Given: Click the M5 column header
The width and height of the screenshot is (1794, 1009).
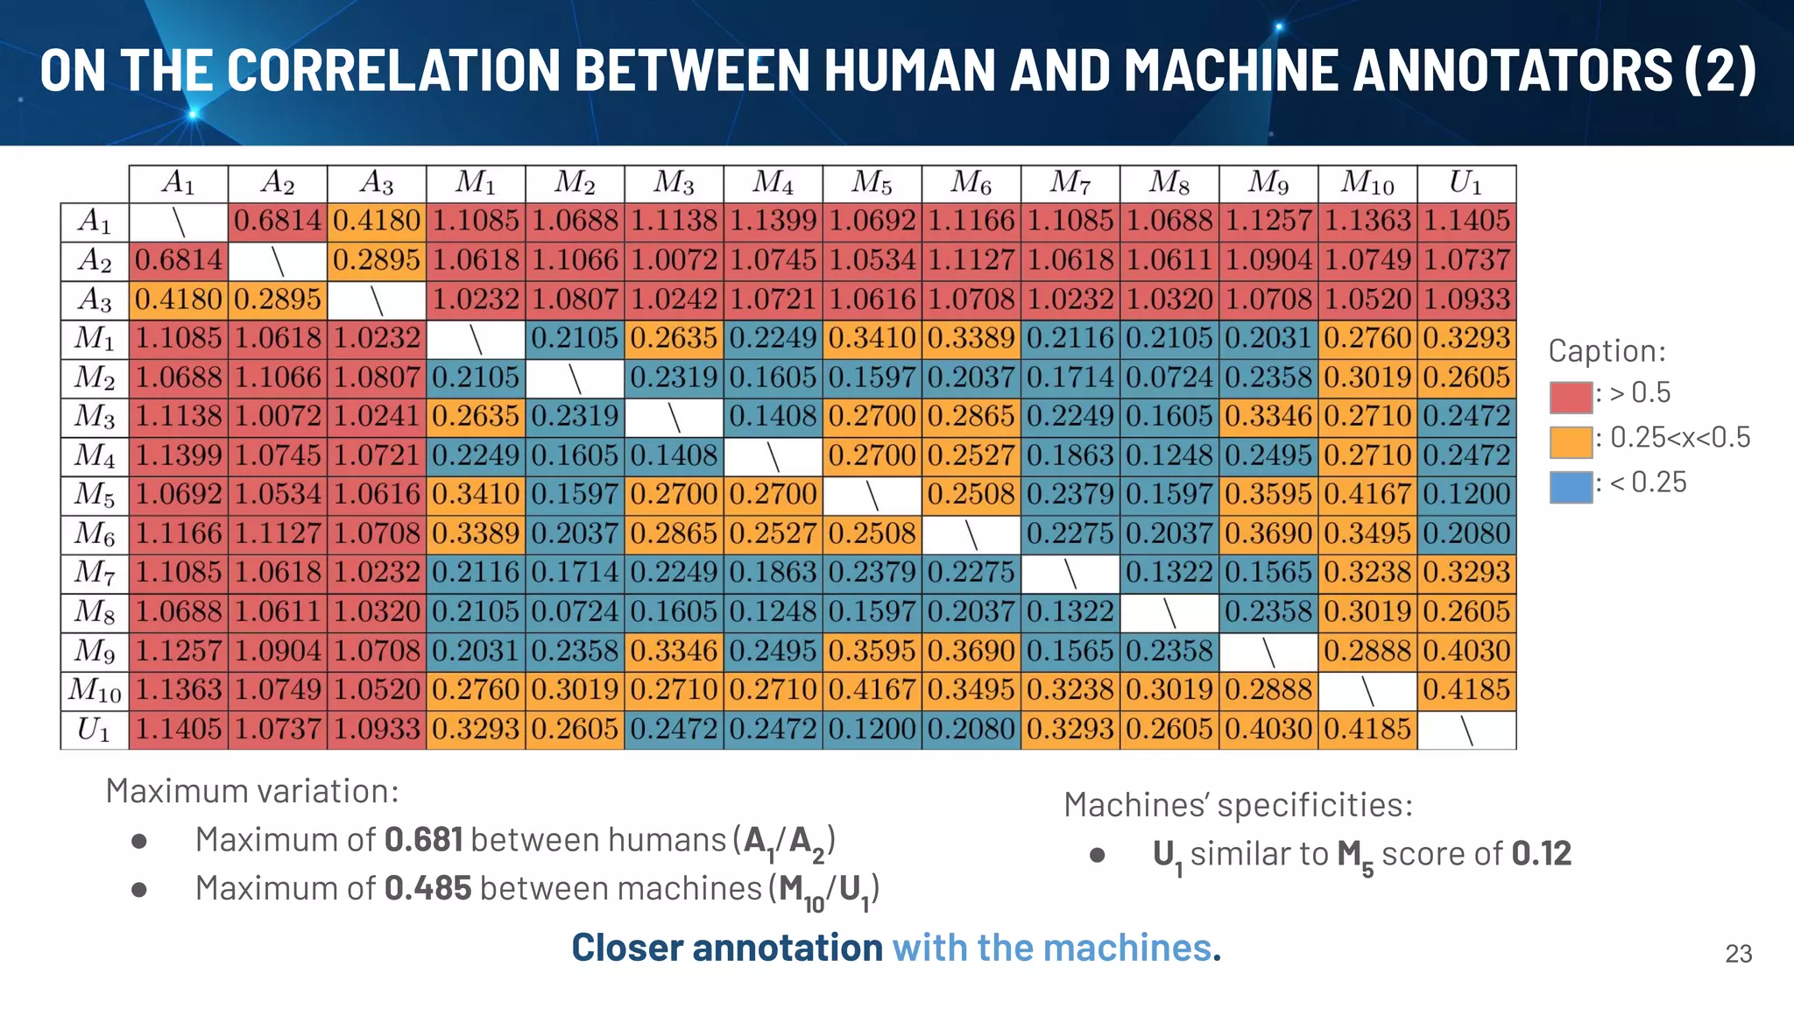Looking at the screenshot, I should tap(872, 183).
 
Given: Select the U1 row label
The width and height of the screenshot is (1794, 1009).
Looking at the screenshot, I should tap(94, 730).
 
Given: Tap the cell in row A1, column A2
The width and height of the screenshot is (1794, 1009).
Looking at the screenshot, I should tap(278, 221).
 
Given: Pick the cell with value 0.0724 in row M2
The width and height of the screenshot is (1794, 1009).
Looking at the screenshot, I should tap(1169, 377).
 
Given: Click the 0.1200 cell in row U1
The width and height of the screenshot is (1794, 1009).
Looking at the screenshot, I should tap(872, 730).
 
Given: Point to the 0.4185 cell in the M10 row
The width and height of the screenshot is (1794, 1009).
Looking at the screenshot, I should tap(1466, 690).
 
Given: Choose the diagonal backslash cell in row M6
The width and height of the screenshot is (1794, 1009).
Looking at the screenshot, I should tap(971, 533).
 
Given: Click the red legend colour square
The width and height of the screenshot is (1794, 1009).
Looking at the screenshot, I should tap(1570, 397).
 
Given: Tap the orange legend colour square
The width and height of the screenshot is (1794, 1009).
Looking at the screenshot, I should tap(1570, 441).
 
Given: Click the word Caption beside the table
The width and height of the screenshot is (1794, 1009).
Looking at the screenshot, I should tap(1606, 351).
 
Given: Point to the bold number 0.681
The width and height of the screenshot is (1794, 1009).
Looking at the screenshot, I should tap(423, 840).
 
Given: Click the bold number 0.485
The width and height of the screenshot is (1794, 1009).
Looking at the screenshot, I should tap(427, 888).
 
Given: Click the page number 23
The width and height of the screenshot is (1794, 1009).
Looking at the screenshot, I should tap(1738, 954).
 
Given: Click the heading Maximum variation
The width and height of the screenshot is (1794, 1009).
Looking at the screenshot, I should tap(252, 791).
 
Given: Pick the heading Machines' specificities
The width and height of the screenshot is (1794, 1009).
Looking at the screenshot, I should tap(1238, 805).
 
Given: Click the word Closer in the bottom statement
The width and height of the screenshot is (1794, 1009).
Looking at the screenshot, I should tap(626, 948).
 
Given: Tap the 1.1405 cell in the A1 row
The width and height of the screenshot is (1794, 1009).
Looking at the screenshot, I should tap(1466, 221).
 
